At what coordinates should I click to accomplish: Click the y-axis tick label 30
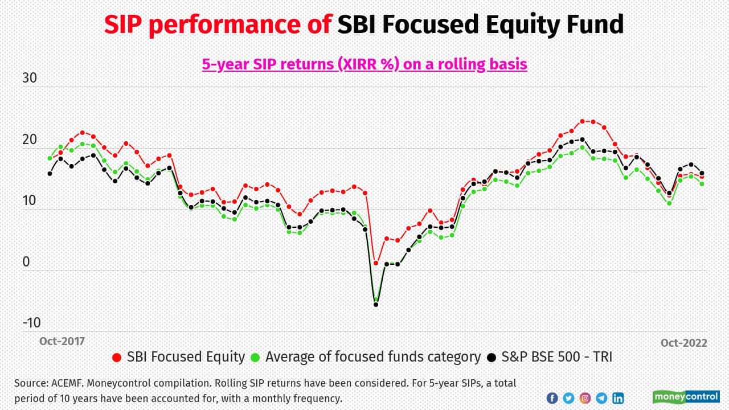(x=29, y=79)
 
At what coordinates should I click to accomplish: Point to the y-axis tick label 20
(x=29, y=140)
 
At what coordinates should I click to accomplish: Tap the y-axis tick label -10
(x=31, y=323)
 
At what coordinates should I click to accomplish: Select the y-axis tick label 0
(x=26, y=262)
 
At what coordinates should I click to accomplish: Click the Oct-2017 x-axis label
(x=62, y=341)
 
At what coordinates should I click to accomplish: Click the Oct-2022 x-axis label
(x=683, y=343)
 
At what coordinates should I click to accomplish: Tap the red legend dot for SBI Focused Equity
(x=117, y=358)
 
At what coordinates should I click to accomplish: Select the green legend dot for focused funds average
(x=256, y=358)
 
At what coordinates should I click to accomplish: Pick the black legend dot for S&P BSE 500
(x=492, y=358)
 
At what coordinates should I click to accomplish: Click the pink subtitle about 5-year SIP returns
(x=364, y=64)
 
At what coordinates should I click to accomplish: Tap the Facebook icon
(x=552, y=398)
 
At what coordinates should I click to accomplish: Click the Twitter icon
(x=568, y=398)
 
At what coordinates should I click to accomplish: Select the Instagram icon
(x=585, y=398)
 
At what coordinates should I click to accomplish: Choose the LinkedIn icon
(x=618, y=398)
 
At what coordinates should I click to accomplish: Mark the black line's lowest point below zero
(x=376, y=305)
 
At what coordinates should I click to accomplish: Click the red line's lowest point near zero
(x=376, y=263)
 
